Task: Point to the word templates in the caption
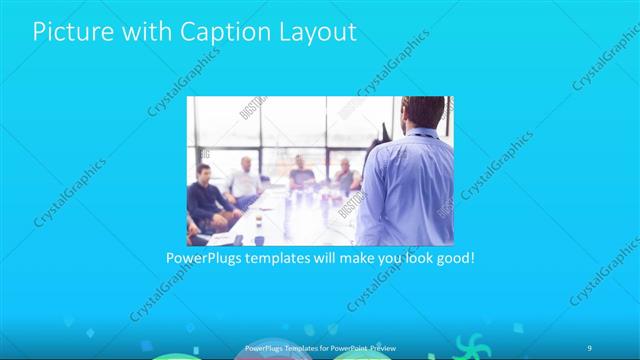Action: [x=283, y=258]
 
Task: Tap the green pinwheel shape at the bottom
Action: [x=466, y=347]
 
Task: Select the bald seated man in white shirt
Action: [x=243, y=180]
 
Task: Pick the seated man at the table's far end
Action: [x=301, y=176]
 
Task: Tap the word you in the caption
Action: [x=382, y=258]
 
